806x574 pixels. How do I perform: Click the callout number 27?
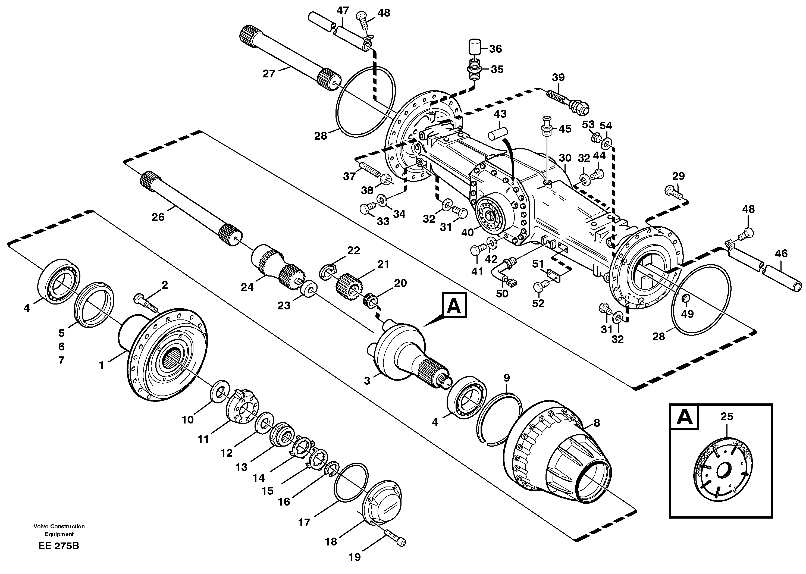269,74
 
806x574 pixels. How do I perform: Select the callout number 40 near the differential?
468,233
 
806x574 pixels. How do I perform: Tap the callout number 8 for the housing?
597,423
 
